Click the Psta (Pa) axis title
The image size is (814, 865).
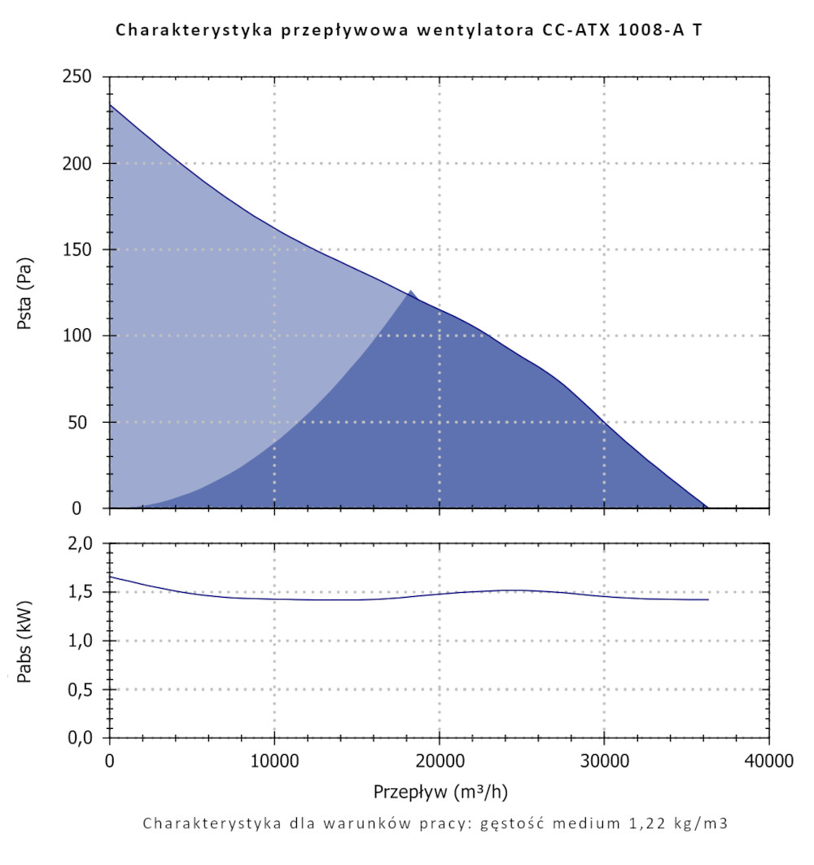(24, 292)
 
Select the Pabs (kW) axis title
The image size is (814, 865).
(24, 641)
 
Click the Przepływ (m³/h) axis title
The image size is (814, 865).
(440, 791)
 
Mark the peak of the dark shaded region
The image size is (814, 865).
(412, 291)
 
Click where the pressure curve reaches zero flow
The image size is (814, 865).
(111, 105)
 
